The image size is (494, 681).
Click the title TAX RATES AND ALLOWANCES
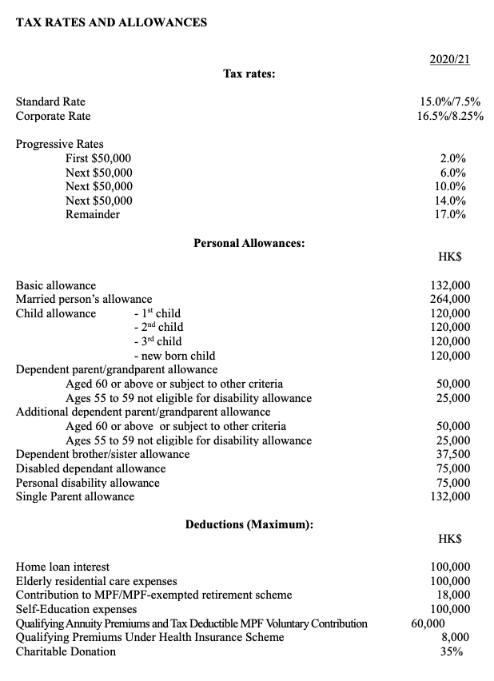click(111, 22)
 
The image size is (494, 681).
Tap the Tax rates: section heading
click(249, 74)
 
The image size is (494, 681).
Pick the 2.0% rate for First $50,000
click(453, 158)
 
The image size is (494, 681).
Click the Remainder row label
click(93, 214)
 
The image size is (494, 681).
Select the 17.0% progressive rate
click(452, 214)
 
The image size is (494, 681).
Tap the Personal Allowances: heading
click(249, 242)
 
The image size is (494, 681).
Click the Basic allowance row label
click(56, 285)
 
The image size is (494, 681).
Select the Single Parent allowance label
click(75, 496)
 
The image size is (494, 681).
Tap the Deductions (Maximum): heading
click(249, 524)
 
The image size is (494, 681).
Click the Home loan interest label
click(63, 567)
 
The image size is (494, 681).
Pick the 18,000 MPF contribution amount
click(453, 595)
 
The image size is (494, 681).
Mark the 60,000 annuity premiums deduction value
click(428, 623)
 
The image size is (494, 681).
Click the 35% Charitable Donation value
click(459, 651)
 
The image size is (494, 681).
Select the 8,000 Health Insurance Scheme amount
click(456, 637)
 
